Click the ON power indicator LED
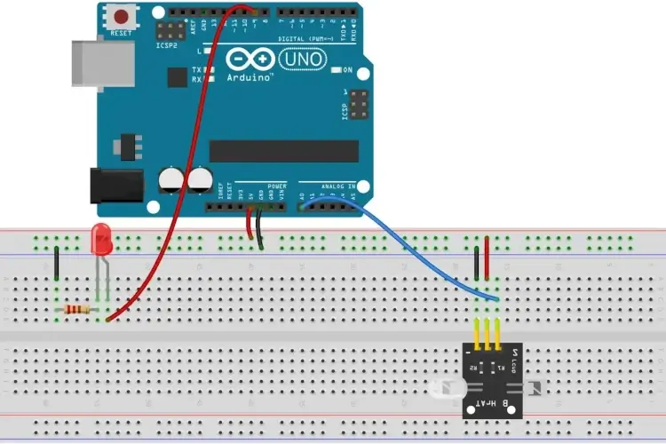tap(335, 69)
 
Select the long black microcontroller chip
tap(283, 151)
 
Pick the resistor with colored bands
tap(77, 309)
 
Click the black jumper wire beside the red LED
tap(57, 264)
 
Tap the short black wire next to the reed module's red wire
tap(478, 263)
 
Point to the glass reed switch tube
tap(448, 388)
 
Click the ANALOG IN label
tap(337, 186)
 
